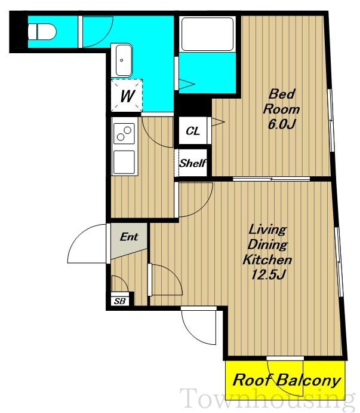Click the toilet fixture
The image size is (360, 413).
(x=42, y=32)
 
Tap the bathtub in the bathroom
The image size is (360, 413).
(x=208, y=34)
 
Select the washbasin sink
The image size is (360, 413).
(x=122, y=60)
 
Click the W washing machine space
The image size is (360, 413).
(x=127, y=96)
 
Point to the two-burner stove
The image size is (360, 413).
(x=124, y=133)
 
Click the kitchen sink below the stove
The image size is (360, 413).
(x=124, y=162)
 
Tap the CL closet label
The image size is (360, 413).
(x=193, y=131)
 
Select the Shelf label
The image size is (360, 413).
(x=192, y=163)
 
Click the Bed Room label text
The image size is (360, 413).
(x=282, y=102)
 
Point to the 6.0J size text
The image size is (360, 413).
(x=282, y=124)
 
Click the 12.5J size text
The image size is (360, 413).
(x=268, y=276)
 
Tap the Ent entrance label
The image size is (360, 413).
(x=129, y=237)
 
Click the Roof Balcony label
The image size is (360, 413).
(x=287, y=381)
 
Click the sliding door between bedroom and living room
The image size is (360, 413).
(x=271, y=179)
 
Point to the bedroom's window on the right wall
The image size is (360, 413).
(x=331, y=120)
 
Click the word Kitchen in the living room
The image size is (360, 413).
(x=267, y=260)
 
